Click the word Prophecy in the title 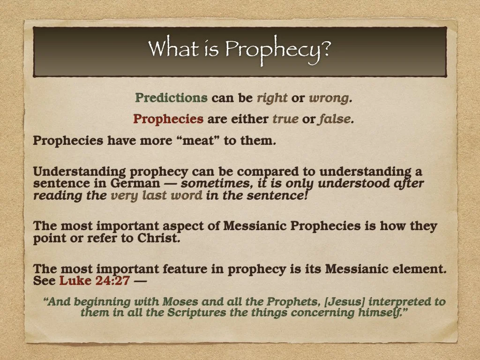click(x=277, y=49)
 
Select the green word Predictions click(x=171, y=98)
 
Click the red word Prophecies click(x=168, y=119)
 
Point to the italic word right click(x=272, y=98)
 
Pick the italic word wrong click(x=329, y=98)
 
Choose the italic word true click(x=285, y=120)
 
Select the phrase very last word click(x=156, y=195)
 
